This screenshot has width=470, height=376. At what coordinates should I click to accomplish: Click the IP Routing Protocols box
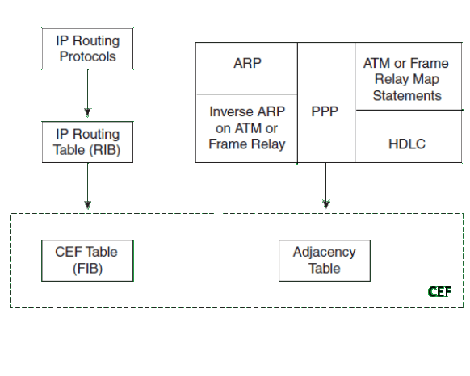(x=87, y=49)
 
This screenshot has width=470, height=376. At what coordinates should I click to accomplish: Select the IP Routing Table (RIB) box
(x=87, y=142)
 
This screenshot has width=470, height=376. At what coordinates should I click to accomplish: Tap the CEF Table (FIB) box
(x=87, y=261)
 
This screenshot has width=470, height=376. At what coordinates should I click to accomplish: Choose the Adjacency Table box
(x=325, y=261)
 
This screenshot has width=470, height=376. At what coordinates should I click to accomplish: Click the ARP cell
(x=246, y=68)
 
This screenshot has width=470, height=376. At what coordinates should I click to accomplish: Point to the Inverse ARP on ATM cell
(x=246, y=128)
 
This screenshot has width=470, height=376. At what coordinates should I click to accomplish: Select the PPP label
(x=325, y=112)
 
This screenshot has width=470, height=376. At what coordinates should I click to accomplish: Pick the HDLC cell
(x=409, y=136)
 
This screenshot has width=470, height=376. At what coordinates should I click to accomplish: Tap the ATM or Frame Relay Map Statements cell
(x=409, y=76)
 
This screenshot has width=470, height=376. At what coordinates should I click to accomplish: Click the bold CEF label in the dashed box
(x=439, y=291)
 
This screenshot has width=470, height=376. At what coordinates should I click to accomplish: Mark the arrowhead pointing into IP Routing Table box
(x=87, y=112)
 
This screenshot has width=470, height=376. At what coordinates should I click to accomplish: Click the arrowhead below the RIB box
(x=87, y=205)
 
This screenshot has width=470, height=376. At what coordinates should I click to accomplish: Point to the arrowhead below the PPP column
(x=326, y=204)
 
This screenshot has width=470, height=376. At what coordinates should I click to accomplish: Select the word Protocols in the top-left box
(x=87, y=56)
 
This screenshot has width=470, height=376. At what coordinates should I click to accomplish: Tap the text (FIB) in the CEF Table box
(x=87, y=269)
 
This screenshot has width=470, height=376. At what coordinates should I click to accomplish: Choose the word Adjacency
(x=325, y=253)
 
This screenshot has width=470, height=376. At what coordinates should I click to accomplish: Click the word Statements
(x=407, y=96)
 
